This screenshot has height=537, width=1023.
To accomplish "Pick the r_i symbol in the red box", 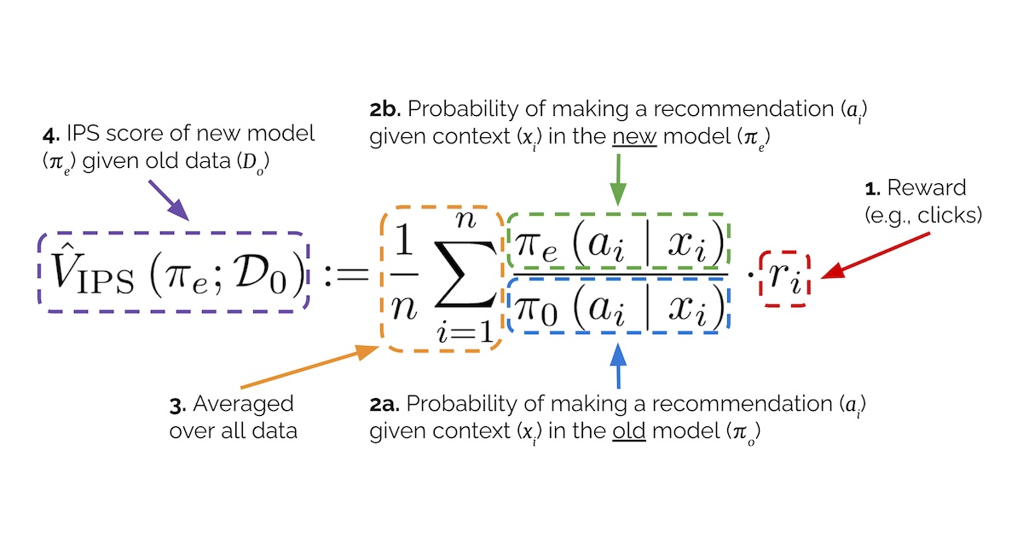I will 784,276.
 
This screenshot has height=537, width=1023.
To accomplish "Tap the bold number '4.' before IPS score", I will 51,135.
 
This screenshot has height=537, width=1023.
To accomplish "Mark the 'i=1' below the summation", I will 464,332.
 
